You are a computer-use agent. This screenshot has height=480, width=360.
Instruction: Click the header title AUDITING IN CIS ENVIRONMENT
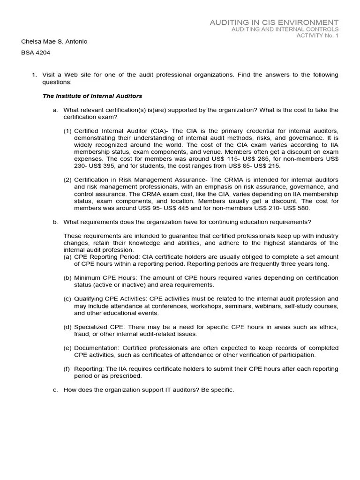click(274, 22)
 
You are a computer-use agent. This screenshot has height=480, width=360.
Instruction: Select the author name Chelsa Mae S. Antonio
click(54, 42)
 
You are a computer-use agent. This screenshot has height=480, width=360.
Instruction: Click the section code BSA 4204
click(36, 53)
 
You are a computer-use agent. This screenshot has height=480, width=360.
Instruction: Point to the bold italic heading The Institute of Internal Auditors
click(92, 96)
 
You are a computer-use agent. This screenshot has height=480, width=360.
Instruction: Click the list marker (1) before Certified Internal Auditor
click(68, 131)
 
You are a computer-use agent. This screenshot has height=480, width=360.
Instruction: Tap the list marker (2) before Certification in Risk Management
click(68, 180)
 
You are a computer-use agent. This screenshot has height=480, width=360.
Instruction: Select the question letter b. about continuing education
click(55, 222)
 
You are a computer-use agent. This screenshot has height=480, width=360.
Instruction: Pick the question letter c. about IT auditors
click(55, 390)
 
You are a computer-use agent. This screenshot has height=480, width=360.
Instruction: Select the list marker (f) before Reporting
click(67, 369)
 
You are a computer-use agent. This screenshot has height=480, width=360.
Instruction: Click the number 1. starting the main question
click(34, 75)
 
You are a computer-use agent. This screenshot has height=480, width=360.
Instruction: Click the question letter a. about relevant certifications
click(55, 110)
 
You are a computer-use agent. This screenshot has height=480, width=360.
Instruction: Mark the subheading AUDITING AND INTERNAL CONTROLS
click(285, 30)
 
